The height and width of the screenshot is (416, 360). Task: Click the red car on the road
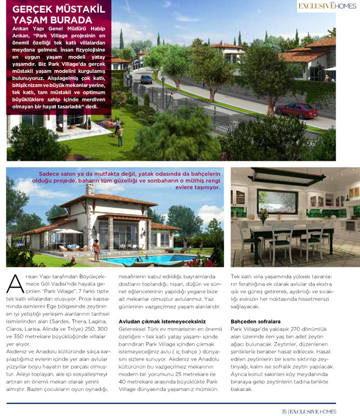click(x=296, y=110)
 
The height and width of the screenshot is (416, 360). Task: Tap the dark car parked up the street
click(x=146, y=79)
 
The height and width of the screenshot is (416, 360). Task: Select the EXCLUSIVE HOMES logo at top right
click(x=327, y=6)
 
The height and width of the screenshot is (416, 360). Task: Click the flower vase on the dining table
click(x=263, y=215)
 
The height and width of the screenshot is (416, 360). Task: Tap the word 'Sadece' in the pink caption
click(x=50, y=174)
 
